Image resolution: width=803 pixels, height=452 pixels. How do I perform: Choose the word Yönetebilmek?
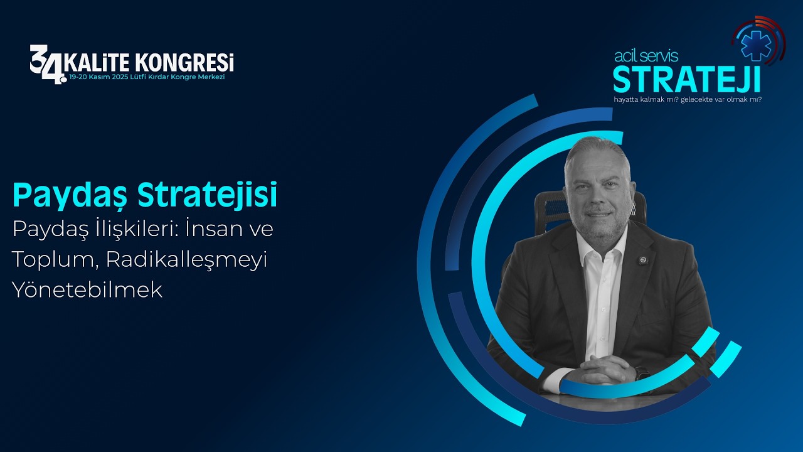pyautogui.click(x=87, y=289)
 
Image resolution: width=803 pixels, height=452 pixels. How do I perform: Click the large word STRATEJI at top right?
pyautogui.click(x=686, y=79)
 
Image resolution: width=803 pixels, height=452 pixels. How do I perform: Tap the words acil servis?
pyautogui.click(x=646, y=56)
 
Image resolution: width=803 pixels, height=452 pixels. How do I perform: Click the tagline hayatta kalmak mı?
pyautogui.click(x=646, y=99)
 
